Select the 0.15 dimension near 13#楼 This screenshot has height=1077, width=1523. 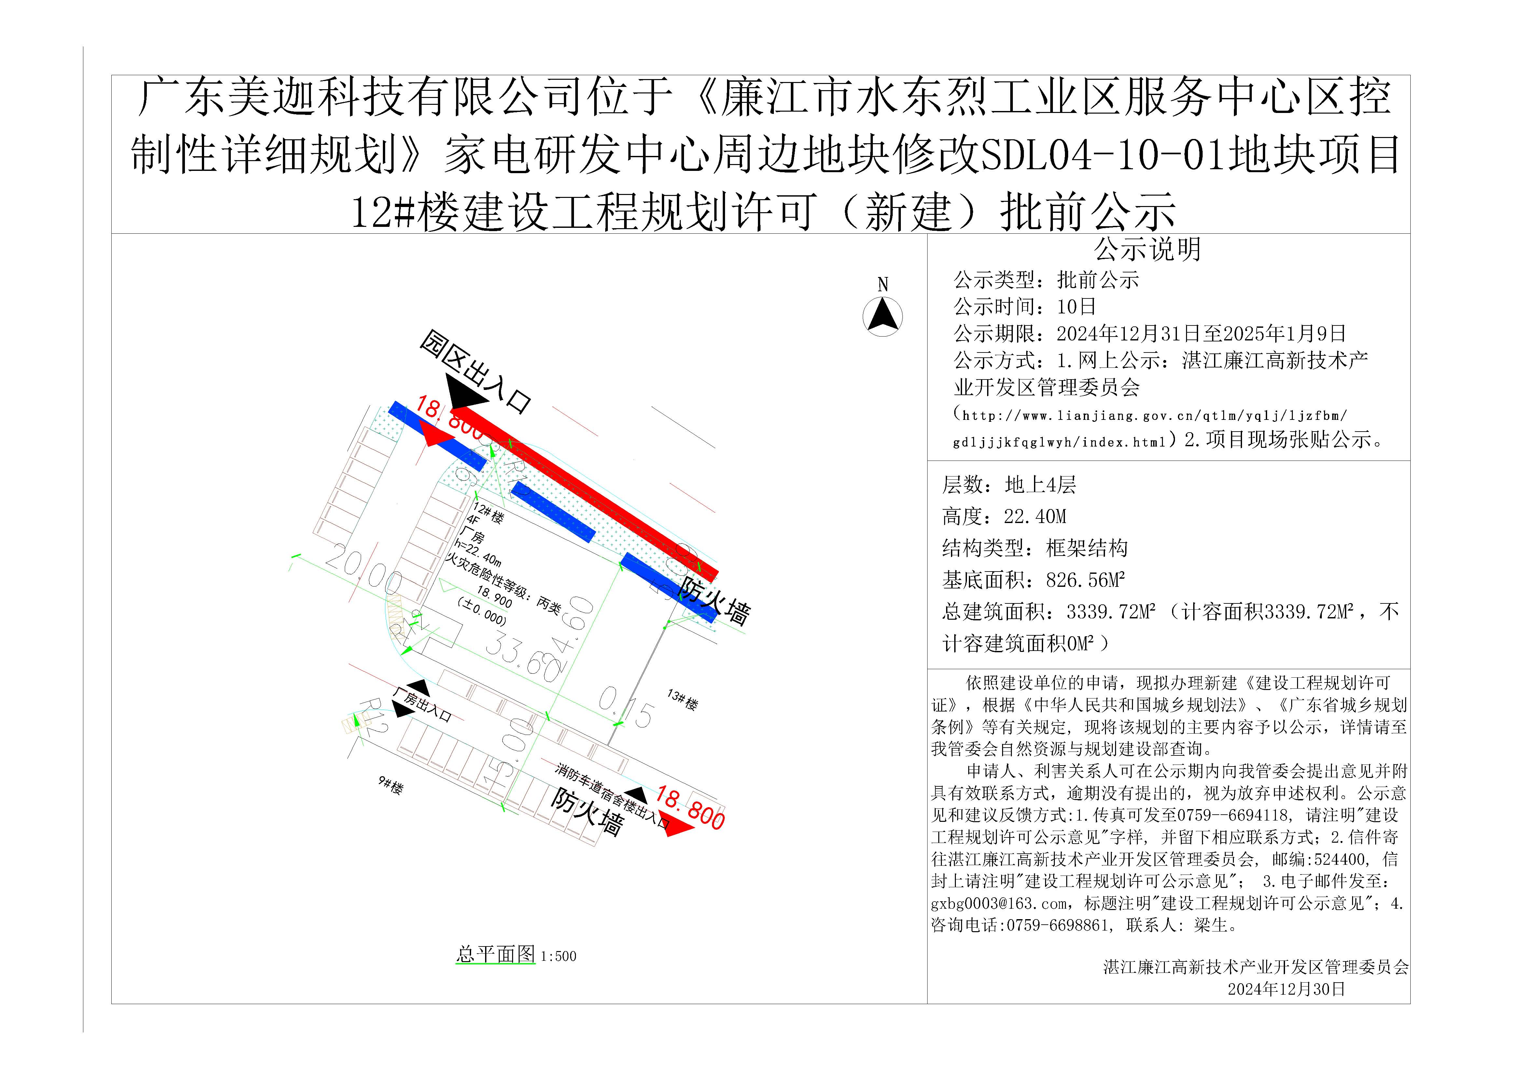pyautogui.click(x=625, y=707)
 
